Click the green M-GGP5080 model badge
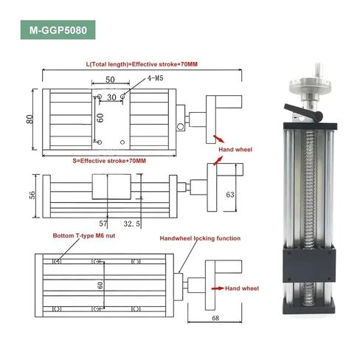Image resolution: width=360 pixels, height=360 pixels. [58, 30]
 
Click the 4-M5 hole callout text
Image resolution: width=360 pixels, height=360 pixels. [155, 78]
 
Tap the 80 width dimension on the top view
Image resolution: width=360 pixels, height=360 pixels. [30, 120]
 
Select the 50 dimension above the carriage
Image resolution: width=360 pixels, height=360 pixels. [110, 80]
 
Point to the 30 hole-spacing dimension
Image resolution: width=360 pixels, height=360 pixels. [111, 97]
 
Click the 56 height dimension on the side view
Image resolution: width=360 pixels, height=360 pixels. [32, 195]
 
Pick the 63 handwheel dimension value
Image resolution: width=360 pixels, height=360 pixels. [230, 195]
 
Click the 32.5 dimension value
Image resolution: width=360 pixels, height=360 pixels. [131, 224]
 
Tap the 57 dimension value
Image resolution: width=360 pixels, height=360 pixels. [103, 224]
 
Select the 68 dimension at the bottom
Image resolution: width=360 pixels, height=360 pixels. [215, 318]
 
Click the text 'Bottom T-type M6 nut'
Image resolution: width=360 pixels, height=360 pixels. [84, 235]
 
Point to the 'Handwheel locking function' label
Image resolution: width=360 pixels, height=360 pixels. [200, 238]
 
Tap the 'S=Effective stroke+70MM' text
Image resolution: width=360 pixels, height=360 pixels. [109, 161]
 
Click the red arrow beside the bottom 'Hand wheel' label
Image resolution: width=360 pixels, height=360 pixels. [218, 288]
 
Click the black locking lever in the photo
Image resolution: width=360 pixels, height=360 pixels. [303, 111]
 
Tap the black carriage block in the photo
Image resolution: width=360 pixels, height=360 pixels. [309, 265]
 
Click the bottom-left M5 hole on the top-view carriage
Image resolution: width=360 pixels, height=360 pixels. [100, 142]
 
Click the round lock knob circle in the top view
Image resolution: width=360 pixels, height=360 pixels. [180, 127]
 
